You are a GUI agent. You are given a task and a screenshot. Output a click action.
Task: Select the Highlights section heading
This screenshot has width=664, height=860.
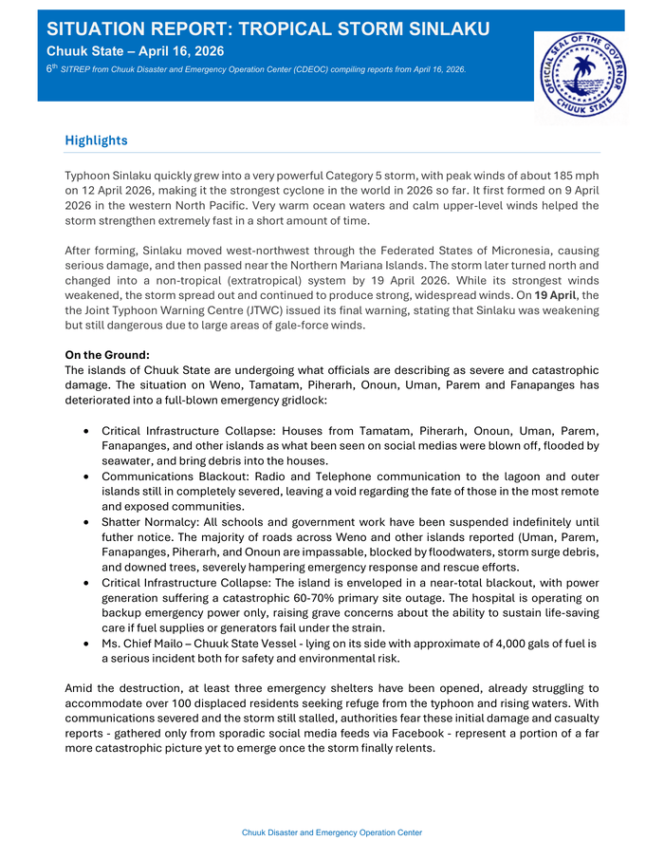coord(96,140)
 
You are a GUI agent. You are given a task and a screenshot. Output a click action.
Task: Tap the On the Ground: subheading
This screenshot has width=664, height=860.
coord(108,355)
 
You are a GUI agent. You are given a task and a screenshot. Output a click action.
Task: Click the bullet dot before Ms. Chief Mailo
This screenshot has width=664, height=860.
coord(87,644)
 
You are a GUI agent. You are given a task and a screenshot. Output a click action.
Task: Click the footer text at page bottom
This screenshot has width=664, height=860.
coord(332,832)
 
